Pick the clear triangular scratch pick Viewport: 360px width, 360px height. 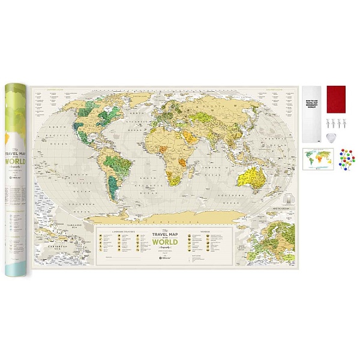(x=329, y=137)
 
